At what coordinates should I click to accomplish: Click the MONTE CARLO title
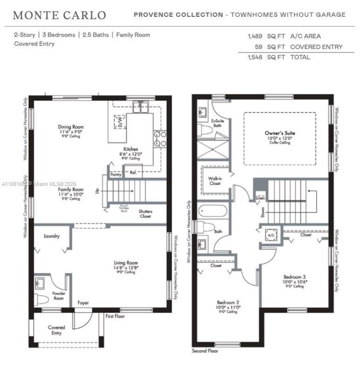(x=59, y=15)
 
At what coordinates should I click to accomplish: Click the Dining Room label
(x=71, y=126)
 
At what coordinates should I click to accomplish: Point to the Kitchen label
(x=131, y=149)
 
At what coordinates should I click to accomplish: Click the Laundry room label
(x=52, y=236)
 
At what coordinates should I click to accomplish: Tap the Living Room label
(x=125, y=263)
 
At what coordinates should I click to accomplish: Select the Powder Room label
(x=59, y=295)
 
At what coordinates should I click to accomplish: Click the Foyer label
(x=82, y=303)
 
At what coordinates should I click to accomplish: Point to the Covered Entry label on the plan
(x=57, y=330)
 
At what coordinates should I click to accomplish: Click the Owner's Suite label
(x=280, y=133)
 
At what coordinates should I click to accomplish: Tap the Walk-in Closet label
(x=214, y=181)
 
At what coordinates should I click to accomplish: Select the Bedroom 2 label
(x=228, y=302)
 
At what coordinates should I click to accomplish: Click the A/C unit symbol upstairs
(x=271, y=235)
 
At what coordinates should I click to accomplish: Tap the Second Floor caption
(x=205, y=351)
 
